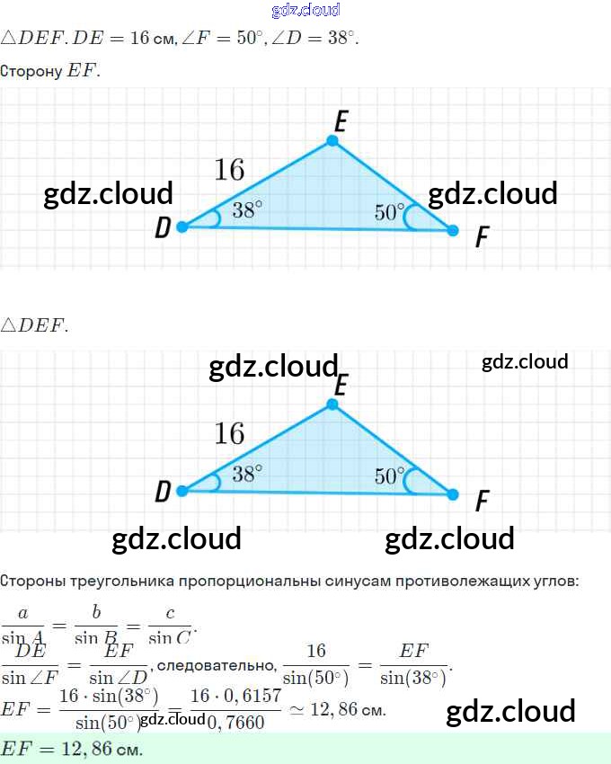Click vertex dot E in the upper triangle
click(332, 141)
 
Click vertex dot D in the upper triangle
click(182, 227)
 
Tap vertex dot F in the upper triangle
click(452, 231)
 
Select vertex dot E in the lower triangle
click(332, 404)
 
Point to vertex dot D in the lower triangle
click(182, 491)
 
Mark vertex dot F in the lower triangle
click(452, 494)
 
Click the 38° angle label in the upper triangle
click(247, 210)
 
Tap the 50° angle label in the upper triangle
click(390, 213)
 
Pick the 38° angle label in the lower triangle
click(247, 474)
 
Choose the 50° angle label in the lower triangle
click(390, 476)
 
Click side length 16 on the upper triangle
click(229, 169)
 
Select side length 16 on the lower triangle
click(229, 433)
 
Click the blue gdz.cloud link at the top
click(305, 11)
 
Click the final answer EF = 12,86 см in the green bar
click(72, 749)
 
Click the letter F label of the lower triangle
click(483, 501)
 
